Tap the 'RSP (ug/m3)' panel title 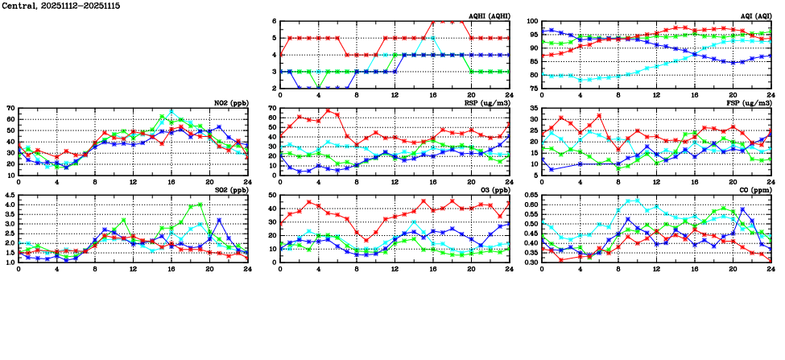click(487, 102)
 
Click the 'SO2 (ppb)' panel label click(233, 189)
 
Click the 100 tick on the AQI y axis click(531, 22)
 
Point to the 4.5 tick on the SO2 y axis click(9, 195)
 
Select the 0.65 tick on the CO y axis click(528, 195)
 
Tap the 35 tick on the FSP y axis click(533, 108)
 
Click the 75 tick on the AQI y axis click(533, 89)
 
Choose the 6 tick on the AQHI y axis click(274, 22)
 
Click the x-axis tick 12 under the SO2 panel click(133, 268)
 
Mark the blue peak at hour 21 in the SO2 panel click(219, 220)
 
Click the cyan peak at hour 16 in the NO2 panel click(171, 111)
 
